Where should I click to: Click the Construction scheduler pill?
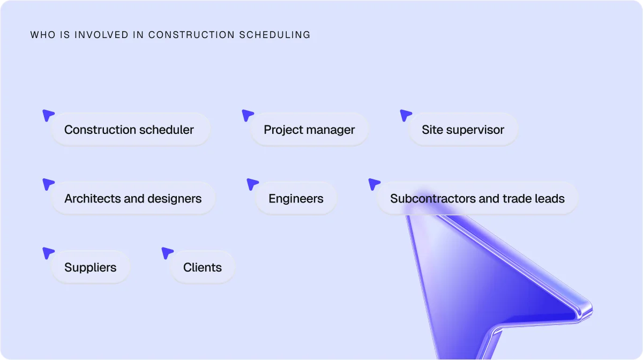point(130,130)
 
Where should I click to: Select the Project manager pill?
point(309,130)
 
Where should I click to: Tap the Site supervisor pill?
point(463,130)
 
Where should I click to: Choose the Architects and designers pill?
point(133,199)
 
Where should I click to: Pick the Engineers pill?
point(296,199)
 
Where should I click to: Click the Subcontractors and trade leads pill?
point(477,199)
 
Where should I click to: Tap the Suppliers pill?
point(90,267)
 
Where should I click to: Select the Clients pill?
point(202,267)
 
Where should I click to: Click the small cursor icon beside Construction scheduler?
point(48,115)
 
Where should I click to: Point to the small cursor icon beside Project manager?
point(247,115)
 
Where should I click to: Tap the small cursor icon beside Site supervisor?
point(406,115)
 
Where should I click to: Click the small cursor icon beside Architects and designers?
point(48,184)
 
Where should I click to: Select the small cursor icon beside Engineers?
point(252,184)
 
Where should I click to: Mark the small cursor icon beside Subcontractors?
point(373,184)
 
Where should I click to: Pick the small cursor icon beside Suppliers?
point(48,252)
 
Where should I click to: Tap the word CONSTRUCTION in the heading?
point(191,35)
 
